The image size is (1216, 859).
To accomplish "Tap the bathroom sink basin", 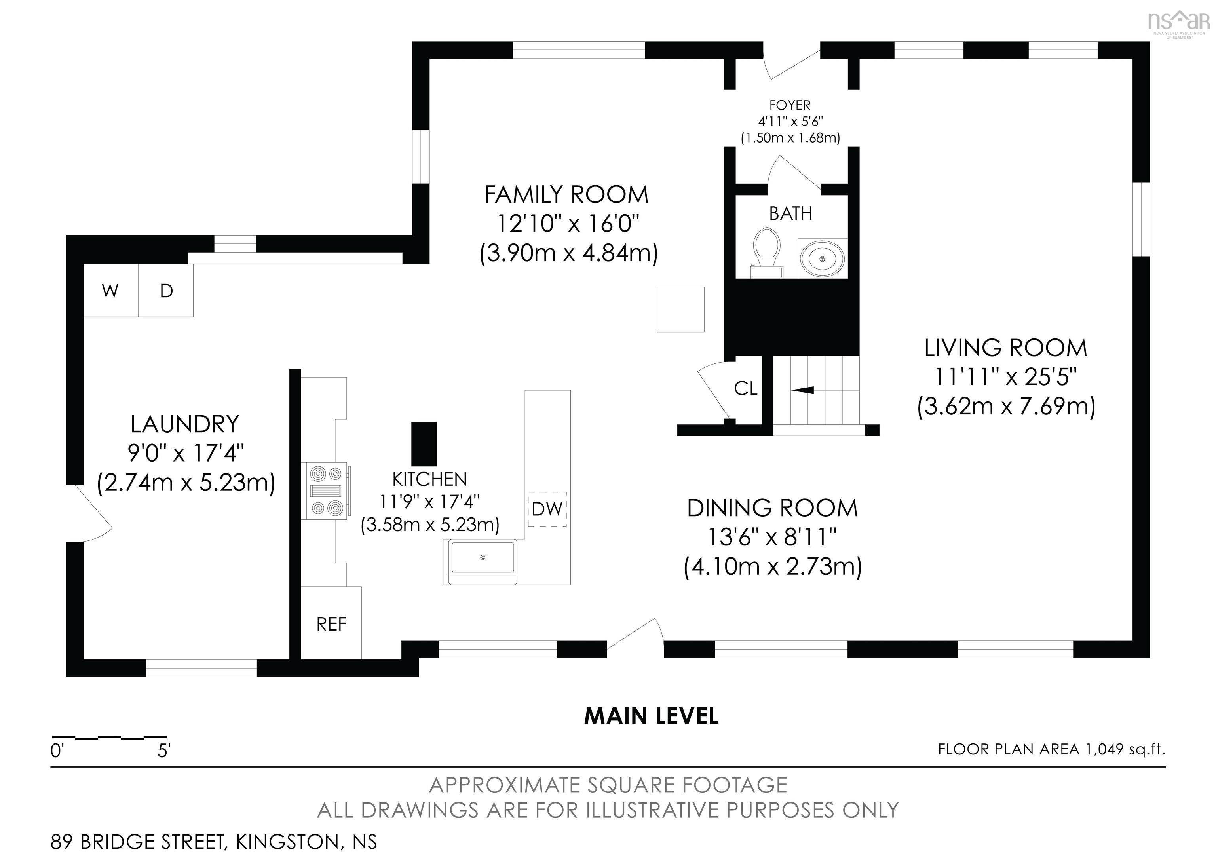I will point(823,258).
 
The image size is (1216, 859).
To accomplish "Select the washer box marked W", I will point(110,291).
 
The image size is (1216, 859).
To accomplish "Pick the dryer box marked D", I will point(166,291).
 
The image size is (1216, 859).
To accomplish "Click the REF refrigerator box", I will point(331,624).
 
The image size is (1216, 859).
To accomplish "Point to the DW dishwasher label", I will point(547,509).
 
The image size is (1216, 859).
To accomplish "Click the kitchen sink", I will point(483,558).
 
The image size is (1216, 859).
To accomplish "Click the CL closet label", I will point(745,389).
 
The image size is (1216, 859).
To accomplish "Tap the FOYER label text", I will point(790,105).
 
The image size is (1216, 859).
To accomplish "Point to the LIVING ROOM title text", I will point(1005,348).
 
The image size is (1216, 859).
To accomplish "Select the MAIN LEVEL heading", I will point(651,716).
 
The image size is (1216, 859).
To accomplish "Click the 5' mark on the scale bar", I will point(163,751).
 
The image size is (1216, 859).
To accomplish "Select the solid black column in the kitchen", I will point(424,444).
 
